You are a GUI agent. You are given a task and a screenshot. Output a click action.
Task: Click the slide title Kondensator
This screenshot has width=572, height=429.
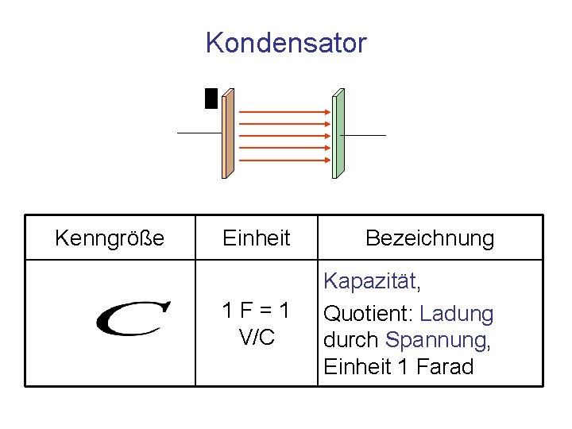pyautogui.click(x=286, y=42)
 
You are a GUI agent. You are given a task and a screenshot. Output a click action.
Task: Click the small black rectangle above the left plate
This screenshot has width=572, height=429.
pyautogui.click(x=211, y=98)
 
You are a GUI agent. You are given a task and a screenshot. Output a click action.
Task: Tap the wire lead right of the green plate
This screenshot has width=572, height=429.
pyautogui.click(x=365, y=136)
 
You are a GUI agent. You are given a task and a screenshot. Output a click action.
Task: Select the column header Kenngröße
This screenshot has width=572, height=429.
pyautogui.click(x=110, y=238)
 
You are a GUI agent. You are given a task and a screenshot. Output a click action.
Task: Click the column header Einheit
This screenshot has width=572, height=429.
pyautogui.click(x=257, y=238)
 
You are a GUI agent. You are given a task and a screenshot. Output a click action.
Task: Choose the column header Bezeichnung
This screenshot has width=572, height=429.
pyautogui.click(x=430, y=238)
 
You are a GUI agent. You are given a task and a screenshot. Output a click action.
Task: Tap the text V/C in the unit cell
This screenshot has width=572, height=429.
pyautogui.click(x=257, y=337)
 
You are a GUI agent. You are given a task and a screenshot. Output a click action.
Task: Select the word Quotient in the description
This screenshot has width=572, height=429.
pyautogui.click(x=368, y=315)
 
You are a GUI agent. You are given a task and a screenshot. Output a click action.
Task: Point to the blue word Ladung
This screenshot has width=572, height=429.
pyautogui.click(x=457, y=315)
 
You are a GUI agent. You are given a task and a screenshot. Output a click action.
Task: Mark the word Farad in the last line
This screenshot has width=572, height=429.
pyautogui.click(x=445, y=366)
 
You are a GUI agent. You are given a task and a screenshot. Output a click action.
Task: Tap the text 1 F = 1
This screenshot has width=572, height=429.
pyautogui.click(x=256, y=311)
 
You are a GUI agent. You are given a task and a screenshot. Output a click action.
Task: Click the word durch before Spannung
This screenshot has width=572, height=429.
pyautogui.click(x=352, y=340)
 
